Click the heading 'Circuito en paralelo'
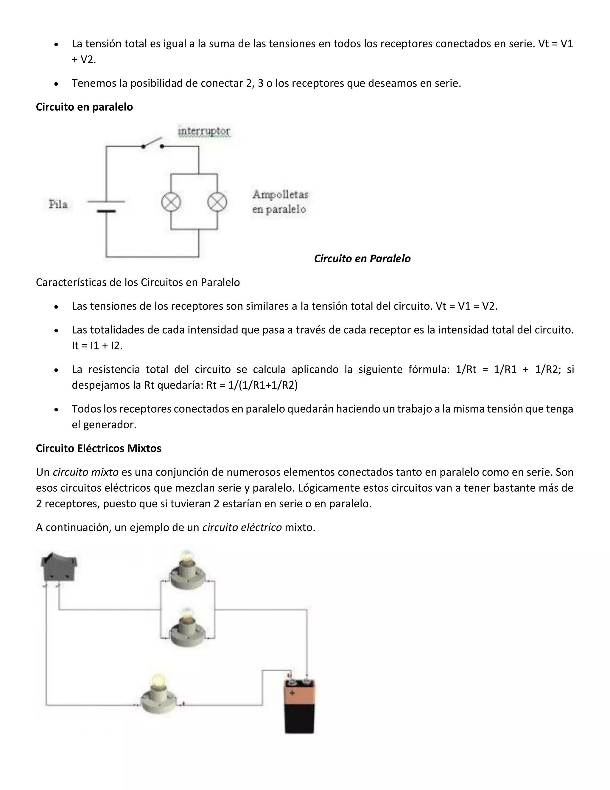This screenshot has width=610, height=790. (84, 107)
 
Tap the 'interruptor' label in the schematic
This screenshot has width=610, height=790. (204, 131)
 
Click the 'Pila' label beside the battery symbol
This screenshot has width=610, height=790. (58, 205)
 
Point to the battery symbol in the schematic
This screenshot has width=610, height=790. (106, 206)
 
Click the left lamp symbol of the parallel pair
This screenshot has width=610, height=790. (171, 202)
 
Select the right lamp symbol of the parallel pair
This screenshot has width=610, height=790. (217, 202)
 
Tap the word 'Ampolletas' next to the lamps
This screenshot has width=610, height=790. (280, 195)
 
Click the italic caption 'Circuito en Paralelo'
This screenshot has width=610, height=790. (362, 259)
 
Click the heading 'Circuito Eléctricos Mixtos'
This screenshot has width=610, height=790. (98, 449)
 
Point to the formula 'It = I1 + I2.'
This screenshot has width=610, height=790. (97, 346)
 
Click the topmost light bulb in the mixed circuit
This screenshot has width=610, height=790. (187, 570)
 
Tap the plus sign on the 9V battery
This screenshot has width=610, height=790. (292, 693)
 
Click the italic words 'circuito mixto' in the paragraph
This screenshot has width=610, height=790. (86, 473)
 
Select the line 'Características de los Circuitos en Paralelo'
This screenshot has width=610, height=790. (138, 283)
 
